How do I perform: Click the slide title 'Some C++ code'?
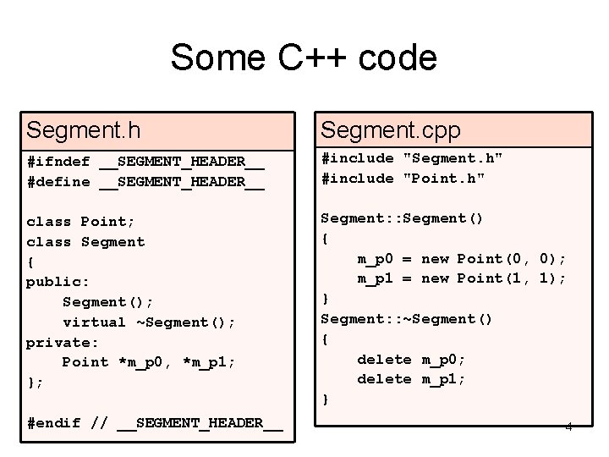point(304,58)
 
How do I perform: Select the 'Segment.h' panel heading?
point(84,129)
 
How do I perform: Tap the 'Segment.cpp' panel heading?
point(391,129)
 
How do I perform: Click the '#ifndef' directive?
point(58,161)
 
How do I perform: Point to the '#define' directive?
point(58,181)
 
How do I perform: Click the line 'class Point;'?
point(80,222)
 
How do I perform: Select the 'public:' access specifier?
point(58,282)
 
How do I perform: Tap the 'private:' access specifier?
point(63,342)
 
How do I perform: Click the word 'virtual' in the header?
point(94,322)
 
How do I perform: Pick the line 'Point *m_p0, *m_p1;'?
point(149,362)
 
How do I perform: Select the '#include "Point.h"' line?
point(403,178)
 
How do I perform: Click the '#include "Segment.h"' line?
point(412,157)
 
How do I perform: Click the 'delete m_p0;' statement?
point(411,359)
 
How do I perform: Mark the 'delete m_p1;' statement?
point(411,379)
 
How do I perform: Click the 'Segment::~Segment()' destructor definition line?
point(407,319)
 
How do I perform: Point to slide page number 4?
point(568,426)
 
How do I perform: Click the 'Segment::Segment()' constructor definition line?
point(402,218)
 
